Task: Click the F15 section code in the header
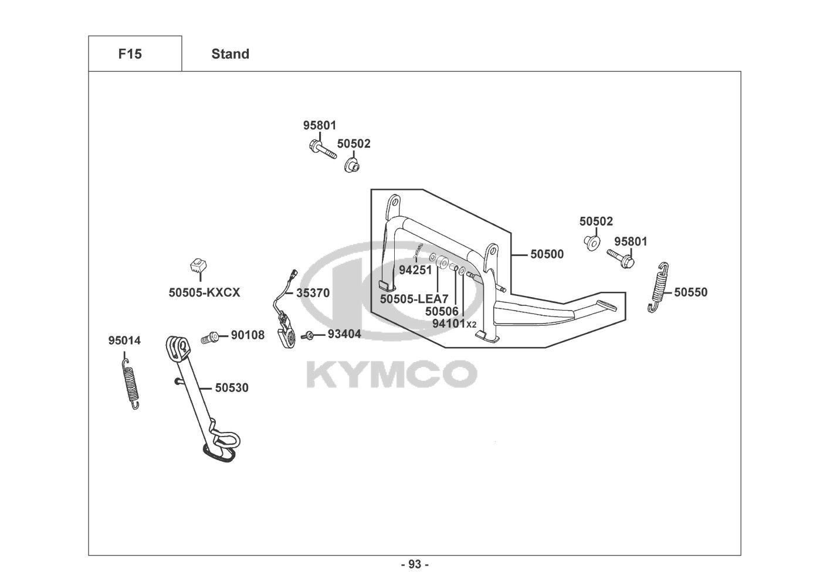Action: click(130, 54)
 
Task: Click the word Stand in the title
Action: click(230, 54)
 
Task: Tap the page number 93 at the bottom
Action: click(415, 565)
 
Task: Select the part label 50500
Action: click(547, 254)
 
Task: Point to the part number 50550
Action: click(690, 292)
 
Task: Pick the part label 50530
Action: click(231, 388)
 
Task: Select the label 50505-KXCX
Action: click(204, 292)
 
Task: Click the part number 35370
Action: click(313, 292)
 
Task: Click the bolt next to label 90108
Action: click(209, 337)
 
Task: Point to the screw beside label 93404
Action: click(307, 336)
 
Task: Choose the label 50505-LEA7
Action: click(414, 299)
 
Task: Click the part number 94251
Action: click(415, 270)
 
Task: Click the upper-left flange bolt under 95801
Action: click(320, 149)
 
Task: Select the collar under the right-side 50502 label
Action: click(592, 242)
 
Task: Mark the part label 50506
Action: click(442, 312)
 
